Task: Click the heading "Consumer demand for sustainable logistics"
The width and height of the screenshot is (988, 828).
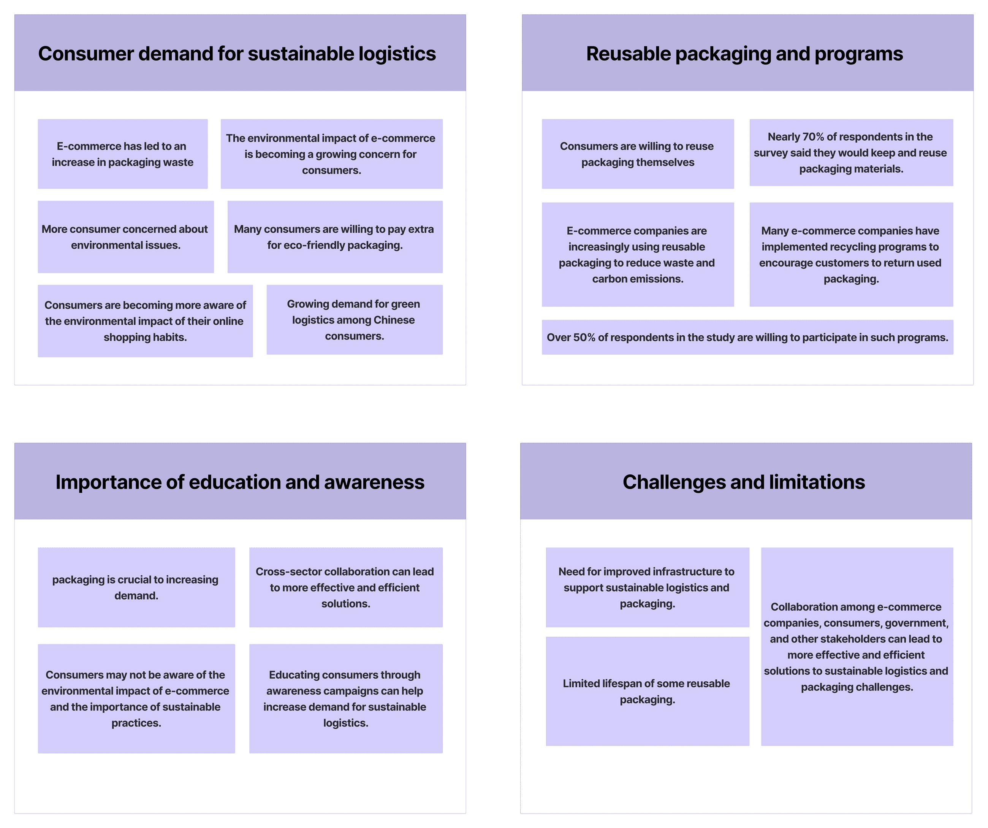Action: click(237, 54)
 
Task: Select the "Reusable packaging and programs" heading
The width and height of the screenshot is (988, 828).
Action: click(744, 54)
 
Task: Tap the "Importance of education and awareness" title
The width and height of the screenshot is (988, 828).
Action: click(240, 482)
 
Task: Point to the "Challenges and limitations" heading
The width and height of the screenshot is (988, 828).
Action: click(743, 482)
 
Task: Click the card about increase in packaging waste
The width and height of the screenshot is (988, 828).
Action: click(122, 154)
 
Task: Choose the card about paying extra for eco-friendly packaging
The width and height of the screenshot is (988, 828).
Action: click(334, 237)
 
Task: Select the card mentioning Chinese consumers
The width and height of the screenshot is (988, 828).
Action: click(354, 320)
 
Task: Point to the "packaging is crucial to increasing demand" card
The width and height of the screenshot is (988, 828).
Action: click(136, 587)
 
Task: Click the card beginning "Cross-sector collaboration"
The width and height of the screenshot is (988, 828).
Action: click(345, 587)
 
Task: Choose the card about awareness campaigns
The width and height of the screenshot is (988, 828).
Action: click(345, 698)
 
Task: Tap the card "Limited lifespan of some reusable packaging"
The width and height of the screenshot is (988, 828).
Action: click(647, 692)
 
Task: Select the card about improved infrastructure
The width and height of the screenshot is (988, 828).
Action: click(647, 587)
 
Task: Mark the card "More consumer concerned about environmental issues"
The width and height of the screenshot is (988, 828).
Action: click(125, 237)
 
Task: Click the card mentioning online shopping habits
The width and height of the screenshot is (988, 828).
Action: click(145, 321)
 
